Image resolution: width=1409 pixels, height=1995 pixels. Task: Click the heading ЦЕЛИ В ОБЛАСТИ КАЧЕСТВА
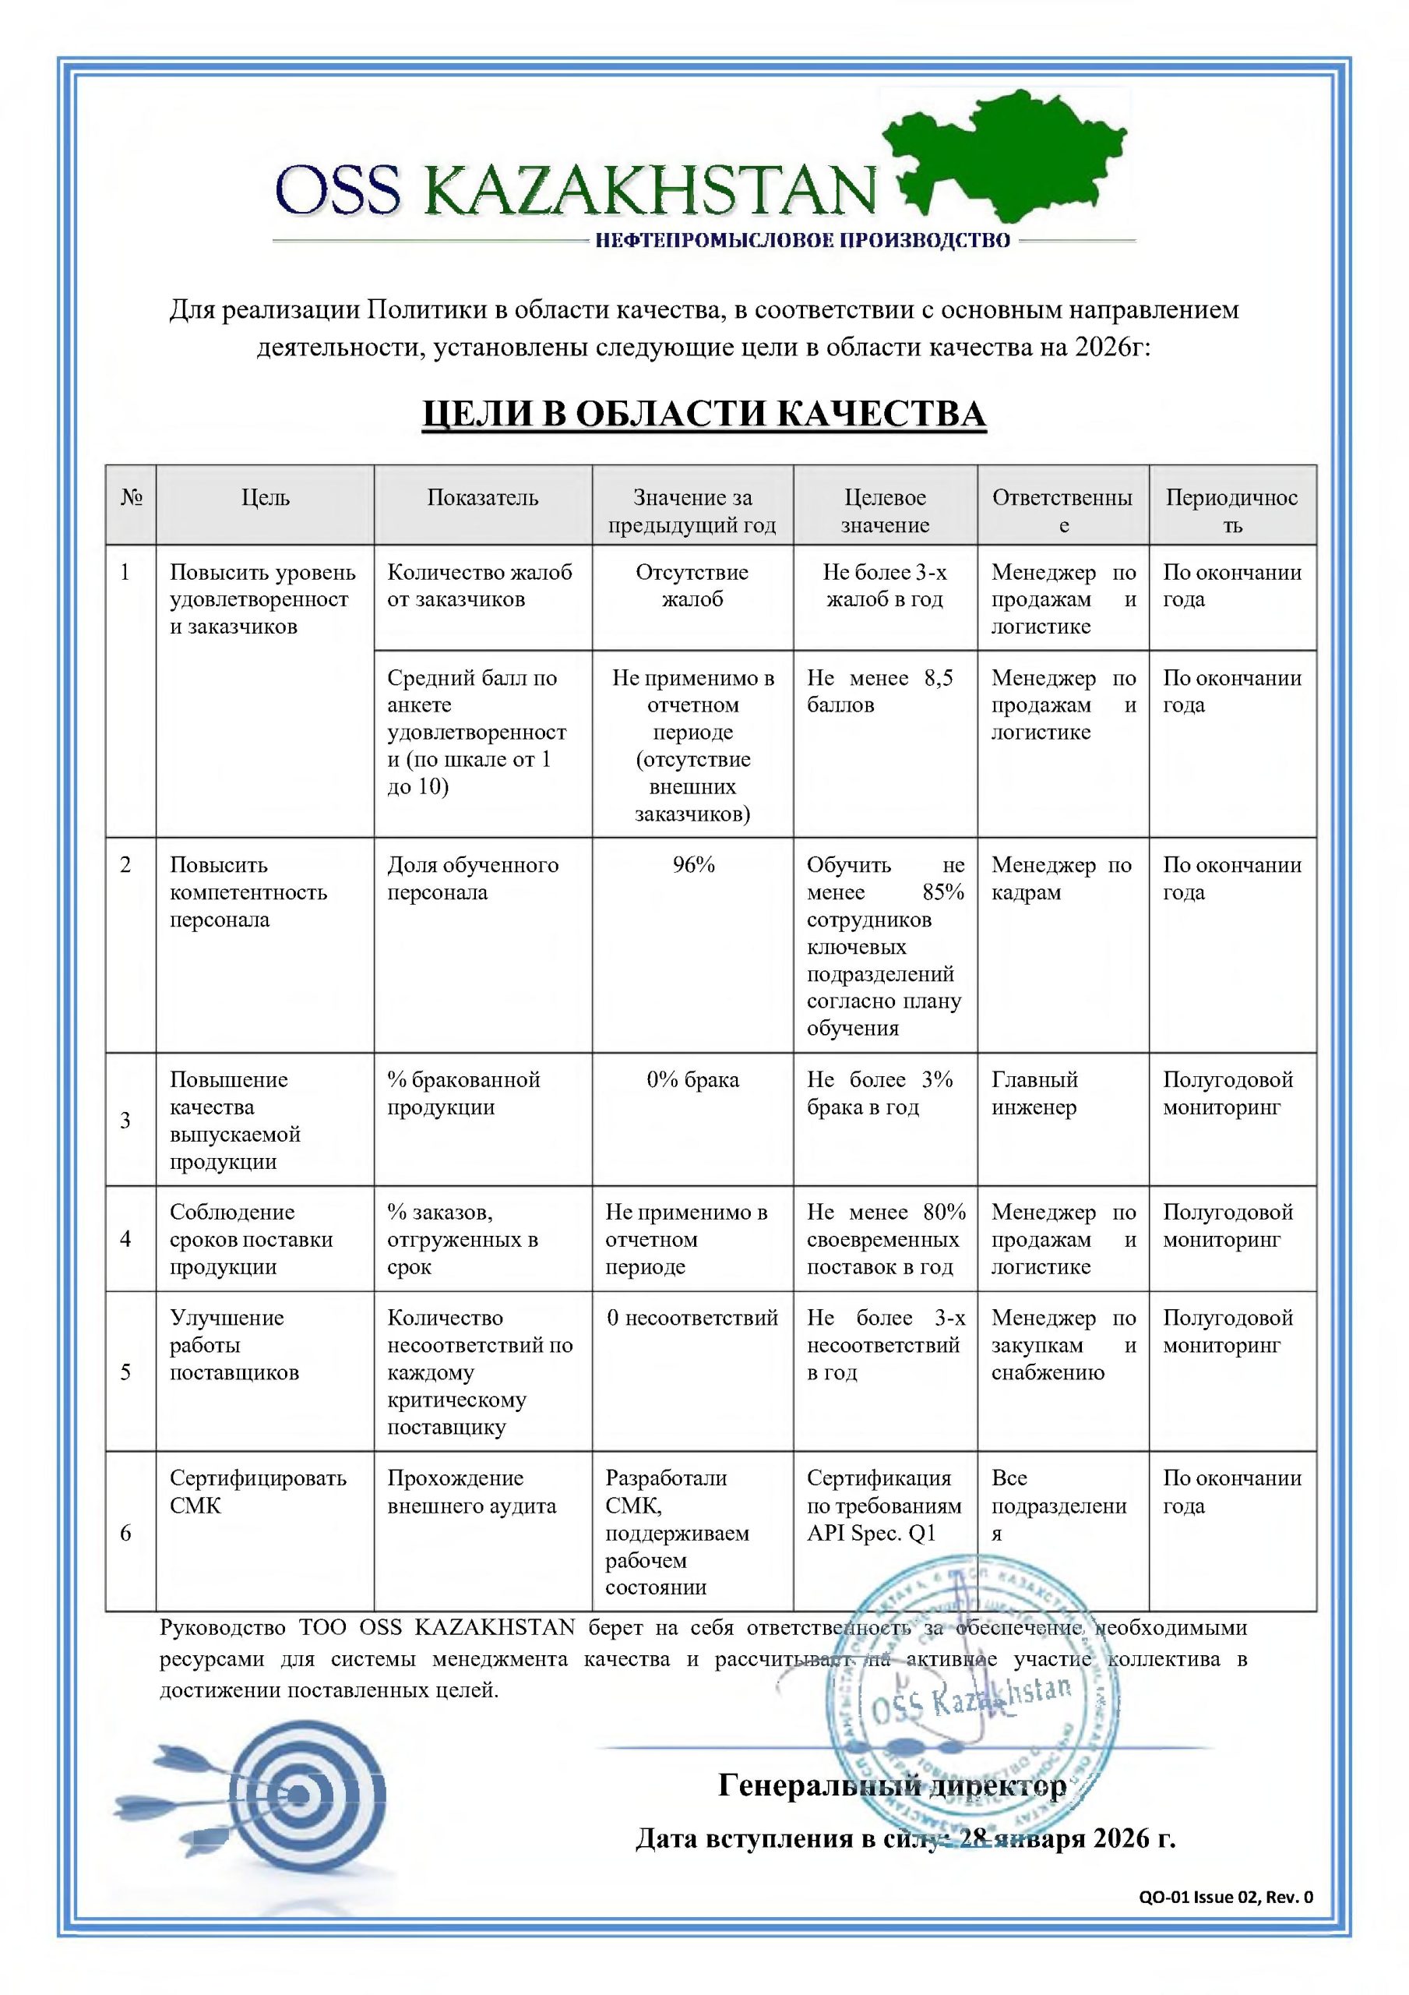703,415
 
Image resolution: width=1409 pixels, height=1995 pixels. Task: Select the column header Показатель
482,498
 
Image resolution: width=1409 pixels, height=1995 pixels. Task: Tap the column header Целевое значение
884,511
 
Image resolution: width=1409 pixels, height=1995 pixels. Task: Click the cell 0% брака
692,1080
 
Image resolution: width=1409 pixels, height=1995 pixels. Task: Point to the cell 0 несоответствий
692,1318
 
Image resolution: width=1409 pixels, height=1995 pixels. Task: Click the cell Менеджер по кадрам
1061,878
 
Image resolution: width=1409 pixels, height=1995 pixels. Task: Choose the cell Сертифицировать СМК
257,1492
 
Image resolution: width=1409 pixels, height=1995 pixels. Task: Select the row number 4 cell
125,1239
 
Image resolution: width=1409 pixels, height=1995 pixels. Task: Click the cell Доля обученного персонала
472,878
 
